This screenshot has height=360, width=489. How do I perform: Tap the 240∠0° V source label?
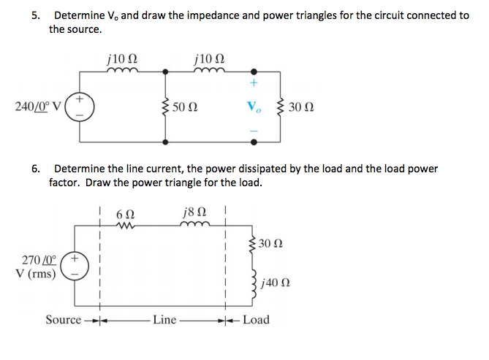pos(39,107)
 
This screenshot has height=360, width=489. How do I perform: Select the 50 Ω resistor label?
pos(188,108)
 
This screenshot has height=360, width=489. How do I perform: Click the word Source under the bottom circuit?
pos(63,320)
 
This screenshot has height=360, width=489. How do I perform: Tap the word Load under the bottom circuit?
pos(255,320)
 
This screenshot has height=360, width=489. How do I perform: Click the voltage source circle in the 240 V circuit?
pos(79,107)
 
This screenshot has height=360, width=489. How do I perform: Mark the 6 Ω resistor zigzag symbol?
pos(125,226)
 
